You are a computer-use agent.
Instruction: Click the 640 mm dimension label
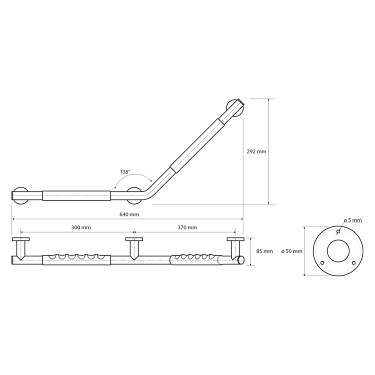[x=129, y=214]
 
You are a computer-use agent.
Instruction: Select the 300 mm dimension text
[x=81, y=227]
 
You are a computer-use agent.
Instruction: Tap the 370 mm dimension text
[x=187, y=227]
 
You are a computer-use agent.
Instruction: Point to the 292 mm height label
[x=256, y=151]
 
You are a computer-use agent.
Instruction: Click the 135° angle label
[x=125, y=171]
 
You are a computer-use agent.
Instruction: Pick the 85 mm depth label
[x=264, y=251]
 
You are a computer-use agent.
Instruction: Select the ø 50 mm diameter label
[x=292, y=251]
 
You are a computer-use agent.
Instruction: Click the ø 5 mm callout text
[x=353, y=220]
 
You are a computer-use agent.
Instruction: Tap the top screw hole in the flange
[x=338, y=231]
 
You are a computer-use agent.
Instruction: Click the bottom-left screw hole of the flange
[x=322, y=263]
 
